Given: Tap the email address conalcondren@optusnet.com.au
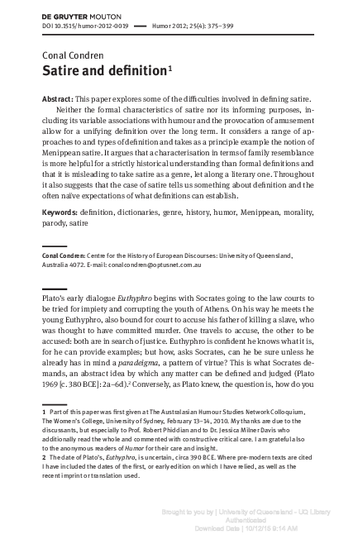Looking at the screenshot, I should coord(172,265).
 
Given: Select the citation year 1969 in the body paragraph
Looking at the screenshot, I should coord(50,392).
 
